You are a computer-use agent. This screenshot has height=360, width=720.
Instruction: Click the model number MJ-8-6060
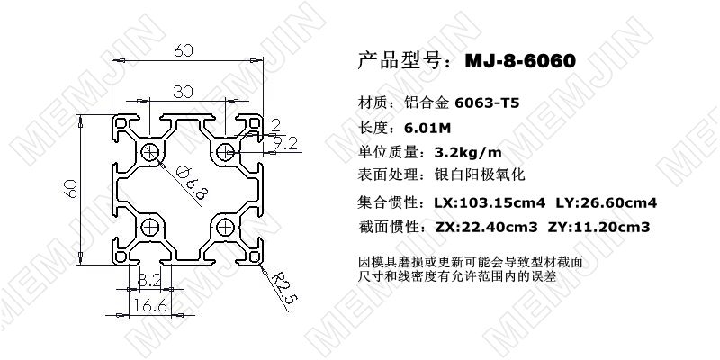pyautogui.click(x=520, y=60)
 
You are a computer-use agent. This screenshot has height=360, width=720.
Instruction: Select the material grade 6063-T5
pyautogui.click(x=487, y=103)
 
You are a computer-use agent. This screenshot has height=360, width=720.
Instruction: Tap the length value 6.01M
pyautogui.click(x=427, y=128)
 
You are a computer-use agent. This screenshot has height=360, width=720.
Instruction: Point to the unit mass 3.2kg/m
pyautogui.click(x=468, y=152)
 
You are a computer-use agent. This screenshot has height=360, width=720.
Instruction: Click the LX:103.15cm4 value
pyautogui.click(x=490, y=202)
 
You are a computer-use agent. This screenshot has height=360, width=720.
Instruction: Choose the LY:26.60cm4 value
pyautogui.click(x=607, y=202)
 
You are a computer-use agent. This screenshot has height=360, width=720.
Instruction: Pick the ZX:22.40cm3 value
pyautogui.click(x=485, y=227)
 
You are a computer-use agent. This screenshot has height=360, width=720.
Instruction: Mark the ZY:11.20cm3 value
pyautogui.click(x=599, y=227)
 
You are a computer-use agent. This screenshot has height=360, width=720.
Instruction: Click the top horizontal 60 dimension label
pyautogui.click(x=184, y=51)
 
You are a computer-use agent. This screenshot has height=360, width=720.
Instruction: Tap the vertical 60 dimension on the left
pyautogui.click(x=70, y=189)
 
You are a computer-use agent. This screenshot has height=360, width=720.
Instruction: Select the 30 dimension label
pyautogui.click(x=183, y=93)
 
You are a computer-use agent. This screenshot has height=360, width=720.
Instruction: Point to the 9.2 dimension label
pyautogui.click(x=285, y=145)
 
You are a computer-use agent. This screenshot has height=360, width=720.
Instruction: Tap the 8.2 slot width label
pyautogui.click(x=149, y=280)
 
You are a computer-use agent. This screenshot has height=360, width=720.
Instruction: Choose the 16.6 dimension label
pyautogui.click(x=150, y=305)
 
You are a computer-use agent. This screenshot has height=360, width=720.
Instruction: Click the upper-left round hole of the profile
pyautogui.click(x=150, y=152)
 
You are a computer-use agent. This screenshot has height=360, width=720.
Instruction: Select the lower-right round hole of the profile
pyautogui.click(x=226, y=227)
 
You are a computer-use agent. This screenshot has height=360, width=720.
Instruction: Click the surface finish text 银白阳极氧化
pyautogui.click(x=480, y=175)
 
